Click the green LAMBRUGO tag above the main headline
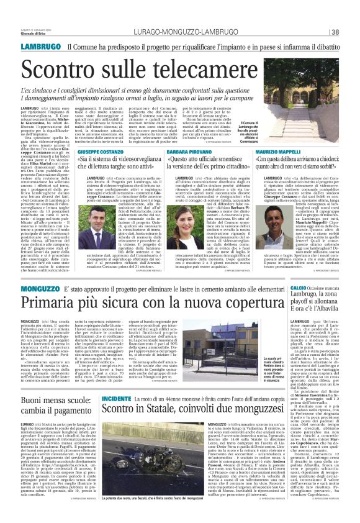point(40,47)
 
